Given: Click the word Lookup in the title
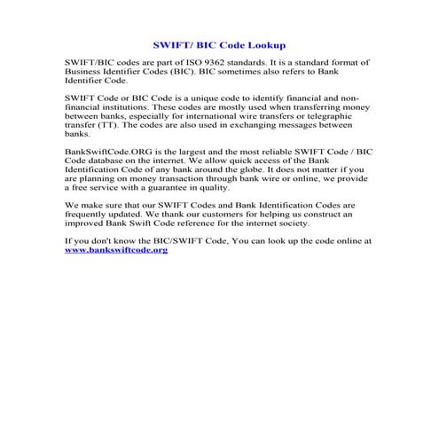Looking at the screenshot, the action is point(267,43).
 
